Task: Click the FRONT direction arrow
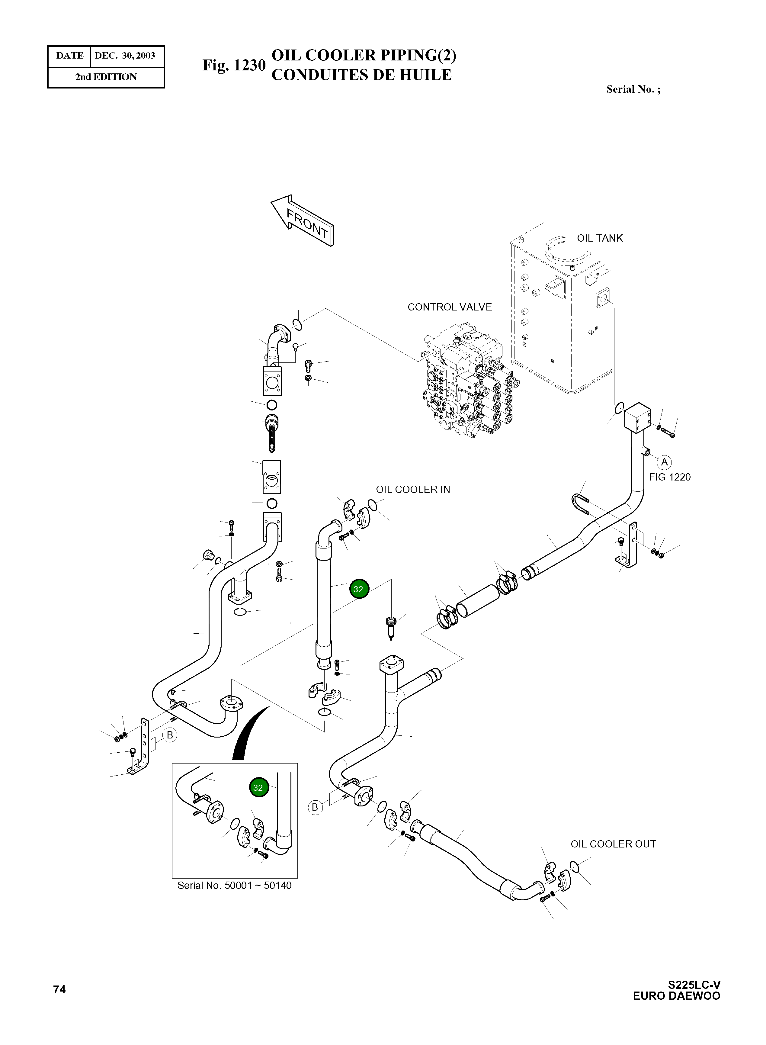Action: [302, 220]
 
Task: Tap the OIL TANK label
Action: [600, 238]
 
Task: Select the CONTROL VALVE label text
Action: [449, 307]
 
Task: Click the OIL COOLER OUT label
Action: [613, 844]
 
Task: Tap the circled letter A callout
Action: [664, 462]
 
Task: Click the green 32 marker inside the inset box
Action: [258, 788]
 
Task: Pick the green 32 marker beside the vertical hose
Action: [358, 589]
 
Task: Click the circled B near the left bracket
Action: [170, 735]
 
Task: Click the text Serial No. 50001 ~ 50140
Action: [234, 886]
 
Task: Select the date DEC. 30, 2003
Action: [125, 56]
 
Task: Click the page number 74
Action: [59, 990]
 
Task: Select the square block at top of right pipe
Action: [638, 416]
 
